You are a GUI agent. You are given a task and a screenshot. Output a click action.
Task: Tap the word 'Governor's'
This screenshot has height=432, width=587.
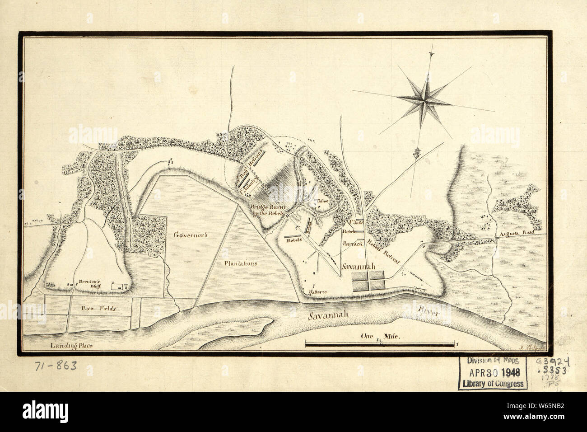[190, 235]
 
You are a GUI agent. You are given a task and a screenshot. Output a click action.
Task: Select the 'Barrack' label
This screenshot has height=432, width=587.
[353, 243]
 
